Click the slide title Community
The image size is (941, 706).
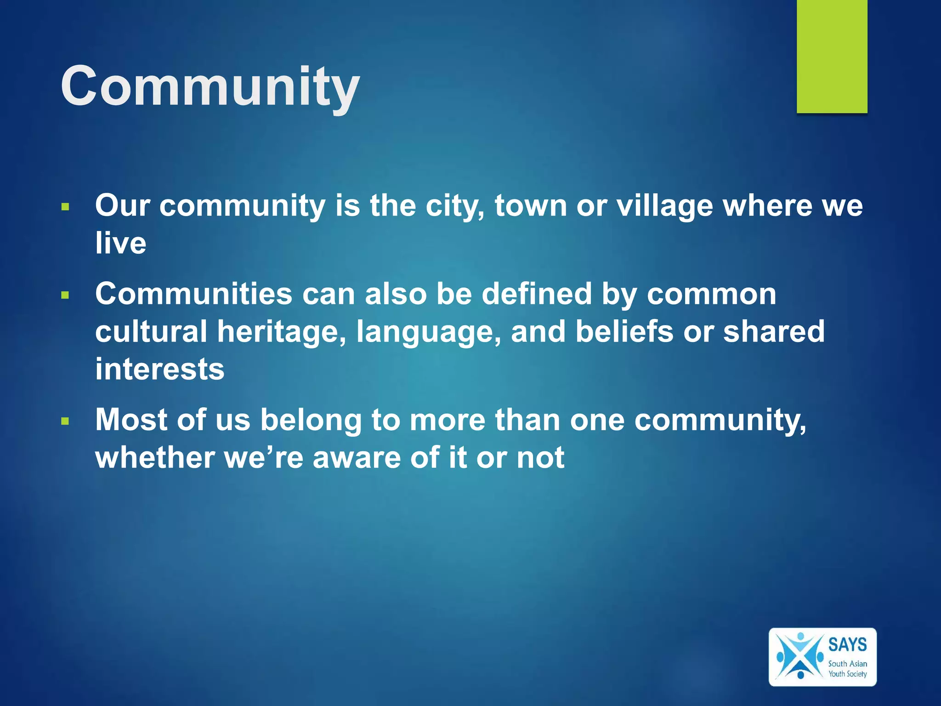210,86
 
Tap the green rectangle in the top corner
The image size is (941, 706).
832,56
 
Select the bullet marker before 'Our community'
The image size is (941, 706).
65,207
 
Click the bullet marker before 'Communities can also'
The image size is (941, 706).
65,296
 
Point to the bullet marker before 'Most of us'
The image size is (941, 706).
65,421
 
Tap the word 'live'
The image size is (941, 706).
121,243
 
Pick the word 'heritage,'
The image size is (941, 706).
281,331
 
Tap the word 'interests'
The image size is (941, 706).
159,369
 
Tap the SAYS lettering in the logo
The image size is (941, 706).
847,644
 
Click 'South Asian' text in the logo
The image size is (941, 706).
847,664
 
